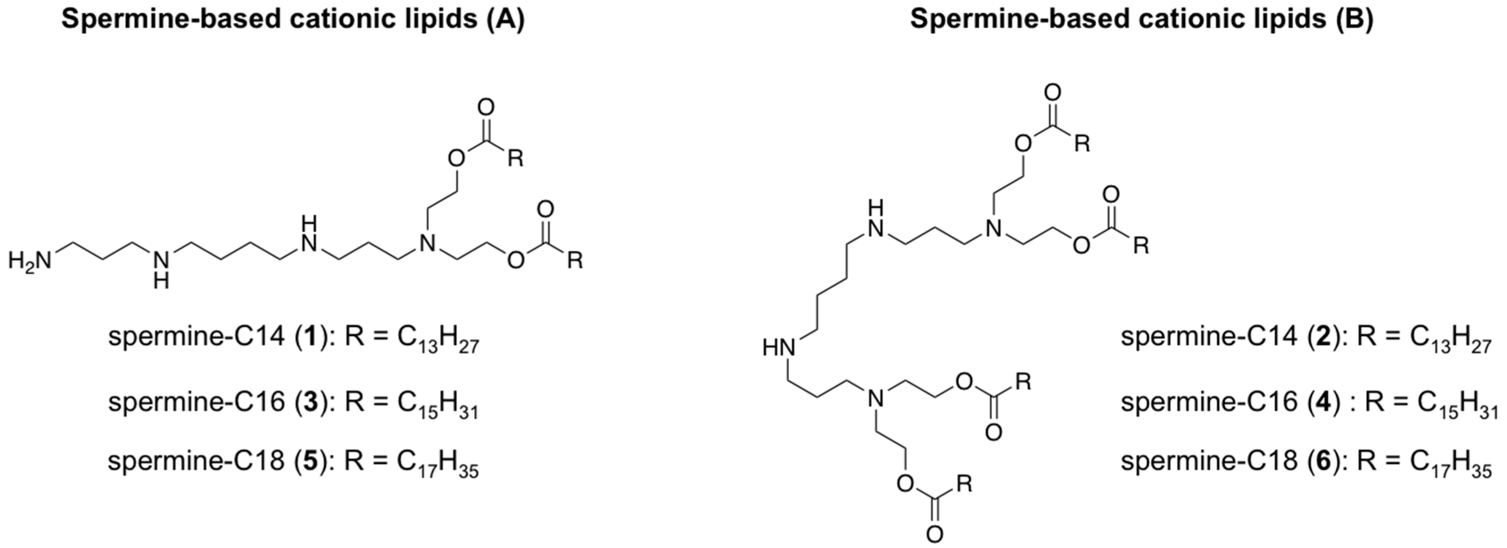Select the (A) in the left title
[x=505, y=19]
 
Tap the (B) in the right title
[x=1353, y=19]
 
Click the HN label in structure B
[x=779, y=348]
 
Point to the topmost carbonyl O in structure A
[x=486, y=107]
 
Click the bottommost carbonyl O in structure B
[x=934, y=534]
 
